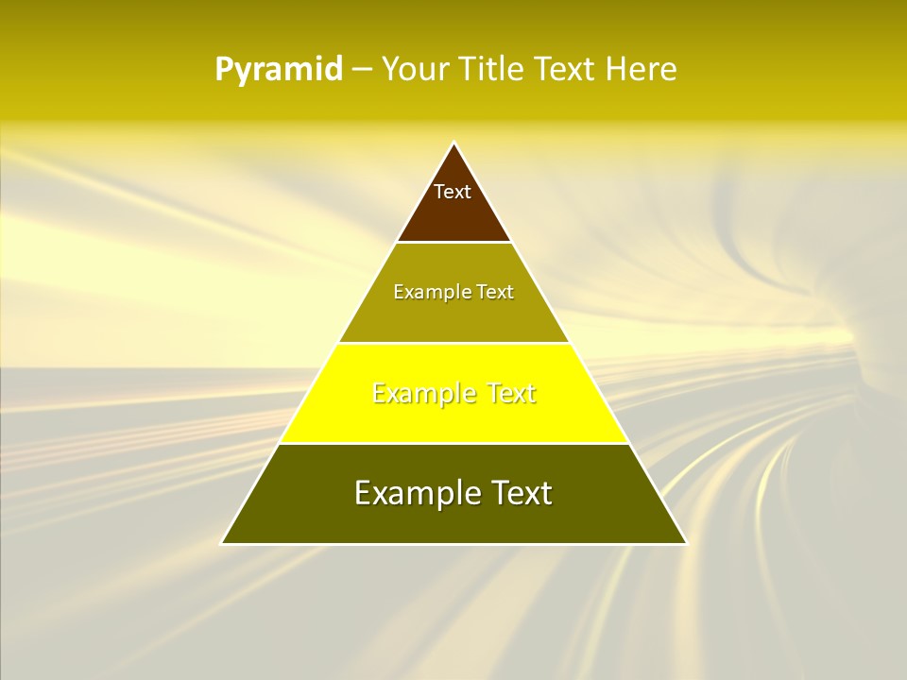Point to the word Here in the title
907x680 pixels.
642,70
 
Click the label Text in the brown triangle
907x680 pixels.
453,192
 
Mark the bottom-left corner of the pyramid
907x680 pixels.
222,543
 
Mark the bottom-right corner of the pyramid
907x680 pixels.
687,543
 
